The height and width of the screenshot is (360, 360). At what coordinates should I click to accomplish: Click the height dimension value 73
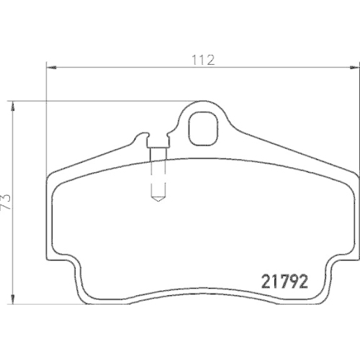(x=7, y=199)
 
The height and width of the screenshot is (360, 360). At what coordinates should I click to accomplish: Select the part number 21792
(x=283, y=281)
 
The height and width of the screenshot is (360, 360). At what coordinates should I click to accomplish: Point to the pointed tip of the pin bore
(x=158, y=200)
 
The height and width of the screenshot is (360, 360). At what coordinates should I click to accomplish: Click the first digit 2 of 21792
(x=264, y=281)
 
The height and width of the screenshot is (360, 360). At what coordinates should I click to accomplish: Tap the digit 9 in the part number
(x=293, y=281)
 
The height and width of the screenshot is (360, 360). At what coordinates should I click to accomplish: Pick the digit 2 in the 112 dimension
(x=212, y=60)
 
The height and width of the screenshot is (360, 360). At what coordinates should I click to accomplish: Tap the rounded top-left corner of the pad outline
(x=54, y=176)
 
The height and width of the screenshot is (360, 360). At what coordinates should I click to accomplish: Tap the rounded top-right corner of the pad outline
(x=351, y=176)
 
